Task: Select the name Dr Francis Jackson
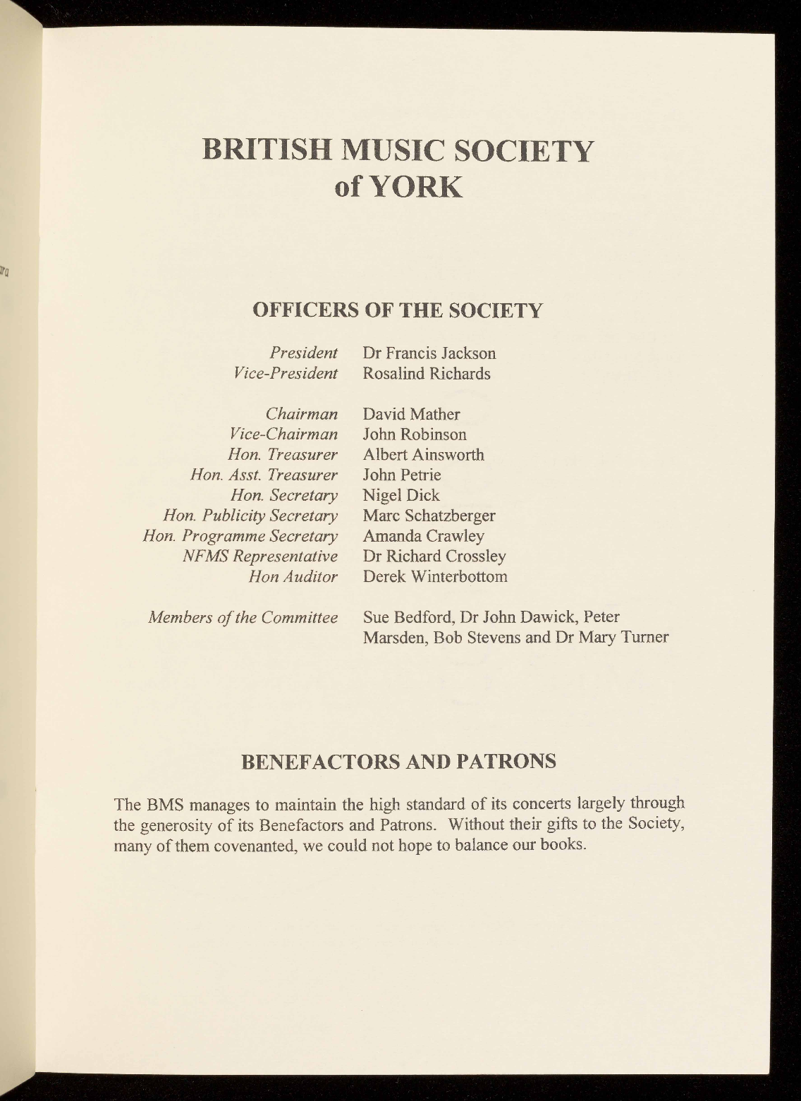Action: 429,353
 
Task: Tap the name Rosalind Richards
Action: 426,374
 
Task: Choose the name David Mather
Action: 411,414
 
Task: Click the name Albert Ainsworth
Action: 423,455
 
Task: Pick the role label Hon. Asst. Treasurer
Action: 264,475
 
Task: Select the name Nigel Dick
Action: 400,496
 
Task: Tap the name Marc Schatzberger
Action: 429,516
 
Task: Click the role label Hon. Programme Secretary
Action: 240,537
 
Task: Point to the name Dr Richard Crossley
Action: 434,556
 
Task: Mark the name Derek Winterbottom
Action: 435,577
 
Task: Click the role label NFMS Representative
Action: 259,556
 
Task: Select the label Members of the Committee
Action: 243,618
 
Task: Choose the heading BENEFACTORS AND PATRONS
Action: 398,762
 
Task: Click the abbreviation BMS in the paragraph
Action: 164,804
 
